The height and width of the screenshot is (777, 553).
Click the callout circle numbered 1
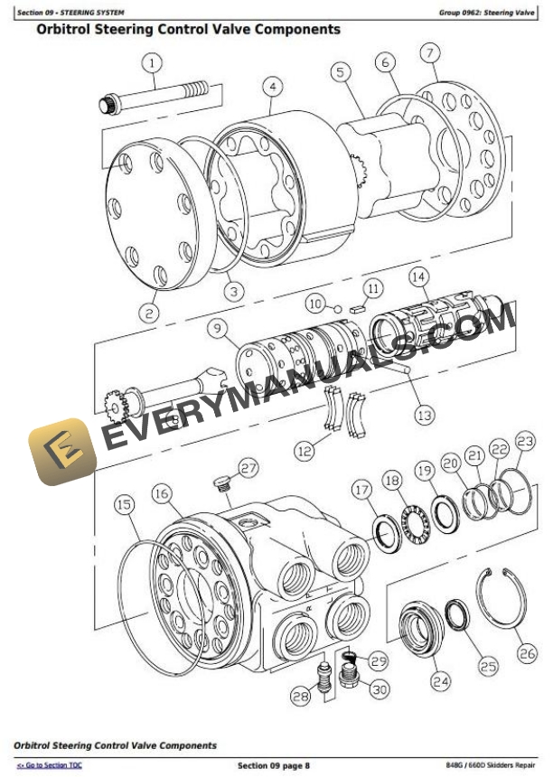pos(151,62)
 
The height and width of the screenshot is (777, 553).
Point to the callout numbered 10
pos(314,304)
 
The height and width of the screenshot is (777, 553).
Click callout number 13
pos(424,415)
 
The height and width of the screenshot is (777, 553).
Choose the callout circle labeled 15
pos(125,505)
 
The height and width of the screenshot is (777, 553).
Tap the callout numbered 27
pos(248,468)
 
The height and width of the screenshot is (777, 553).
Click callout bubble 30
pos(379,688)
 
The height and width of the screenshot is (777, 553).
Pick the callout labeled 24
pos(440,682)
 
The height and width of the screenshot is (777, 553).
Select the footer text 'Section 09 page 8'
pos(273,766)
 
